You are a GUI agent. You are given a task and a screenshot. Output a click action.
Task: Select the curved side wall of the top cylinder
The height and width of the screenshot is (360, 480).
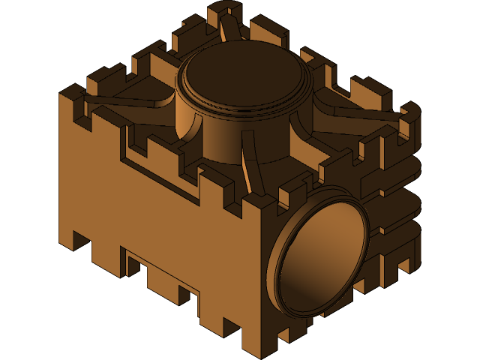click(x=225, y=139)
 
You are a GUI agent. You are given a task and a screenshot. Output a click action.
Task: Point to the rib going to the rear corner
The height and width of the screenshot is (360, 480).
click(x=228, y=30)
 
